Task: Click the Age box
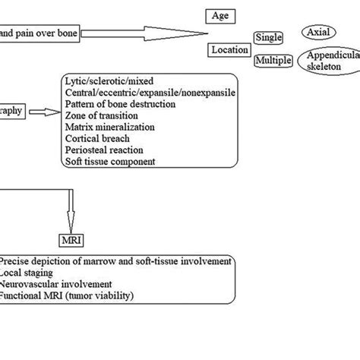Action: [219, 15]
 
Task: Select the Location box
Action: [229, 50]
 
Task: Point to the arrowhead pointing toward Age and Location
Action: [199, 33]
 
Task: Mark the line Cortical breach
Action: [96, 138]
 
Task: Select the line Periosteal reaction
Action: [101, 150]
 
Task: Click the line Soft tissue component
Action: [110, 161]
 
